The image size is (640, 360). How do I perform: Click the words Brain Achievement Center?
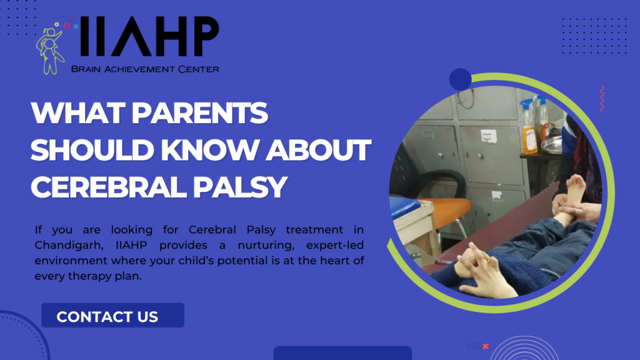(145, 69)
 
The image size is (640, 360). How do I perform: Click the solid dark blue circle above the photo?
(461, 79)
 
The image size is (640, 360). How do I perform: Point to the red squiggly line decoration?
(602, 99)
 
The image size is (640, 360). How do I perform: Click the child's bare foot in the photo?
(574, 188)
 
